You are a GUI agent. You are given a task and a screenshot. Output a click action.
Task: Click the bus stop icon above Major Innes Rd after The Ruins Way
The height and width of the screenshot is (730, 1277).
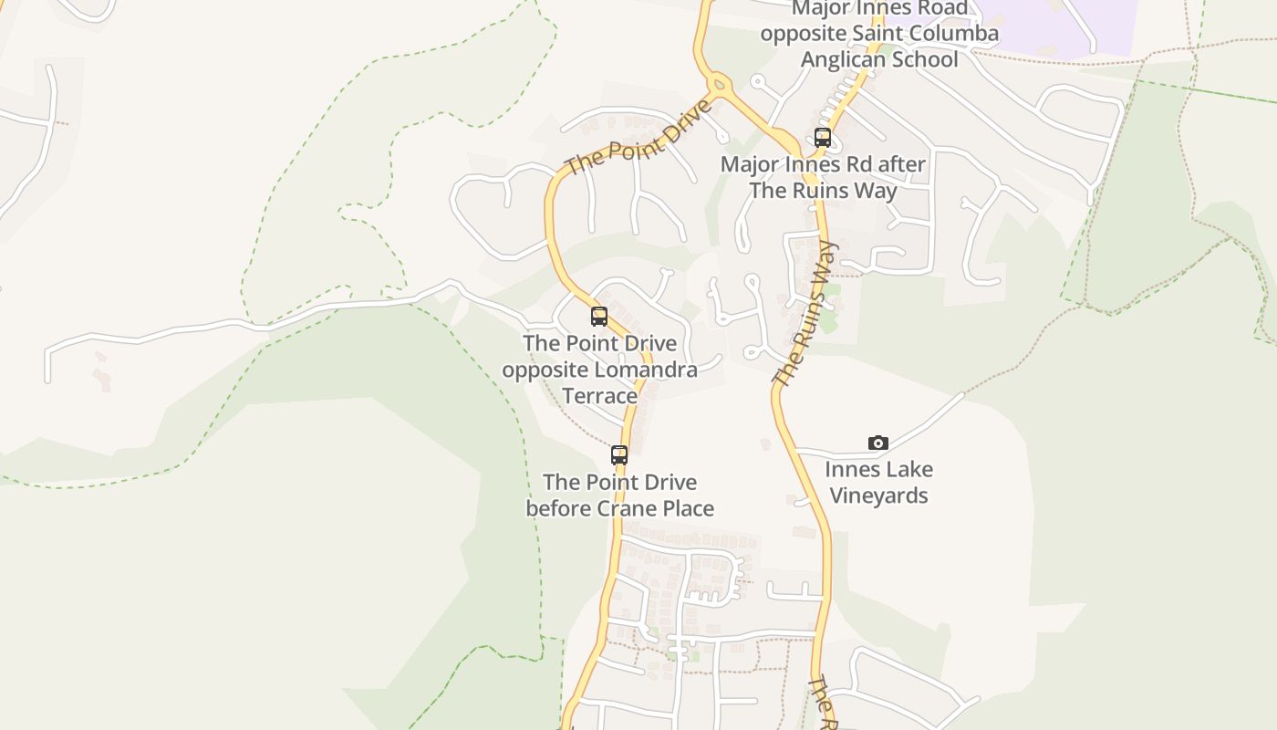(823, 138)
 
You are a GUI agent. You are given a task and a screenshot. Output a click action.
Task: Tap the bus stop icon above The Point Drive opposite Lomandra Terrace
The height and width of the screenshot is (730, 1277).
(599, 317)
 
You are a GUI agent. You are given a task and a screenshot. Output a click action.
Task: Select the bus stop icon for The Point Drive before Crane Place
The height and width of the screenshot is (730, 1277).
(619, 454)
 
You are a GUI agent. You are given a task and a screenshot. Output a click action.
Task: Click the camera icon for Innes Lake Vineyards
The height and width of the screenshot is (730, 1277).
(878, 443)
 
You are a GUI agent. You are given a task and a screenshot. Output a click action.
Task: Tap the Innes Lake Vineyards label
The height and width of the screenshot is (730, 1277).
(878, 483)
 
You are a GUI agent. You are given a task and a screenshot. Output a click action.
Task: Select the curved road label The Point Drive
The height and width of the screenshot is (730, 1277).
(637, 139)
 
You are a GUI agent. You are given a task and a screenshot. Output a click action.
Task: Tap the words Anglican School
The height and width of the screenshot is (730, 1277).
(879, 60)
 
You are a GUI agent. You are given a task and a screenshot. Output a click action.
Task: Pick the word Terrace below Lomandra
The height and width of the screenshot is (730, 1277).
(599, 396)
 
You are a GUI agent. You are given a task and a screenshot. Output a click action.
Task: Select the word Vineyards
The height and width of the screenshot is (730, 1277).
(878, 496)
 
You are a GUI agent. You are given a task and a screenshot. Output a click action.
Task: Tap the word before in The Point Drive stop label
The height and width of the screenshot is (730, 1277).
(558, 508)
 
